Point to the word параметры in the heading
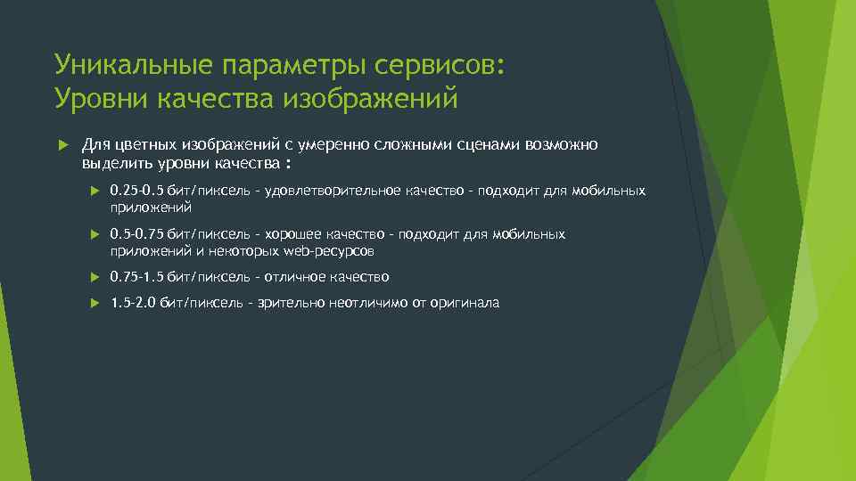coord(281,65)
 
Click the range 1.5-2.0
coord(133,303)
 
